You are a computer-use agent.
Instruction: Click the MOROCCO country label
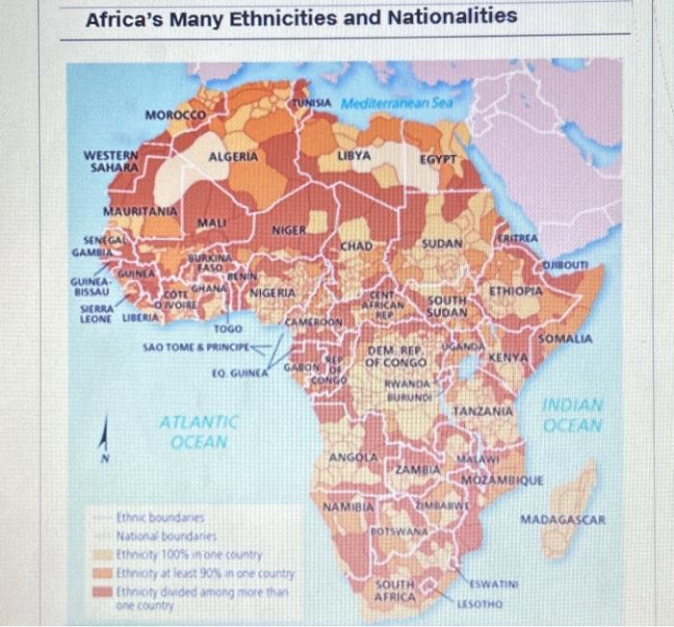(x=175, y=116)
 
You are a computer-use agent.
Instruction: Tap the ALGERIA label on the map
(x=233, y=156)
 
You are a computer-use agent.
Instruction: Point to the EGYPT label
(x=436, y=155)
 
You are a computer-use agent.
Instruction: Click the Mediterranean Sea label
(x=397, y=101)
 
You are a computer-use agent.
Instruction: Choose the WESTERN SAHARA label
(x=111, y=161)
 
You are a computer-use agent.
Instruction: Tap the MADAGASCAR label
(x=562, y=520)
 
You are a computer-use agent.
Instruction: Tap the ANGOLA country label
(x=351, y=456)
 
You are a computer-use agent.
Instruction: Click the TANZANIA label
(x=481, y=411)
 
